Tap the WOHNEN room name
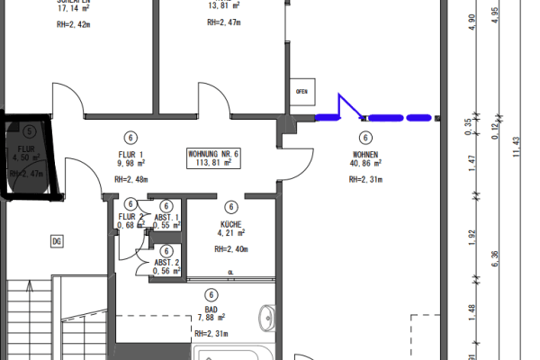pos(365,154)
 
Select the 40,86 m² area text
pos(365,165)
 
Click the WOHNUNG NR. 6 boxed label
pos(214,158)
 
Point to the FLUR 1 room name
pos(130,153)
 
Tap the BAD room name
pos(210,308)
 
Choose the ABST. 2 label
pos(166,262)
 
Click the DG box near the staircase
pos(56,240)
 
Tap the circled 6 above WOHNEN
pos(365,138)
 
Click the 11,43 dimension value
pos(516,144)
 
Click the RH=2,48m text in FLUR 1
pos(130,179)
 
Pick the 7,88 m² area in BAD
pos(210,318)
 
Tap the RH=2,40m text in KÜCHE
pos(231,249)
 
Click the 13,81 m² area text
pos(220,4)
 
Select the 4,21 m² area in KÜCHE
pos(231,233)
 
